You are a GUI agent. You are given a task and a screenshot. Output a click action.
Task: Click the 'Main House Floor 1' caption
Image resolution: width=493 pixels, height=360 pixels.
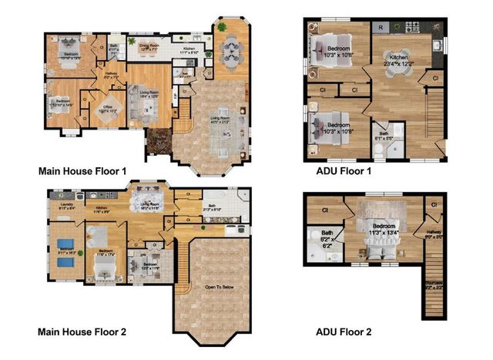(x=82, y=170)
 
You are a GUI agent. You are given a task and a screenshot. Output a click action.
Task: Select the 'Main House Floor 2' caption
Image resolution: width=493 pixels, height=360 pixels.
(x=82, y=332)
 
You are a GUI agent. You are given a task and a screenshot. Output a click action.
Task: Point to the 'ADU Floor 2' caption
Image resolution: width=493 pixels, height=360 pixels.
(x=344, y=332)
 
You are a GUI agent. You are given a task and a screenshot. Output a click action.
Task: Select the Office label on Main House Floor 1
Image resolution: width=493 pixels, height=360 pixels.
(x=102, y=109)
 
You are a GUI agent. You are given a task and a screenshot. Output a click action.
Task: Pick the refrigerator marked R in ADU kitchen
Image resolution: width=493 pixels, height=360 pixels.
(x=379, y=27)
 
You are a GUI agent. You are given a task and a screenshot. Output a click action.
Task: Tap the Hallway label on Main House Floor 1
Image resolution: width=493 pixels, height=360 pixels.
(x=110, y=76)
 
